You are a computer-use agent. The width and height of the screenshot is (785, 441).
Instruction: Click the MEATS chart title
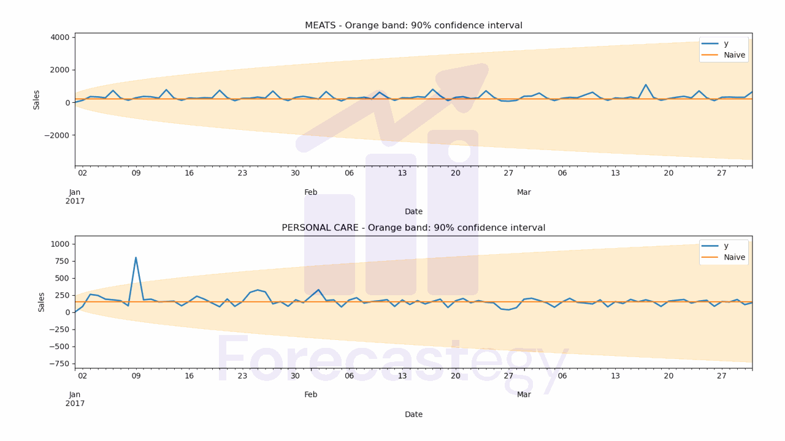pyautogui.click(x=413, y=26)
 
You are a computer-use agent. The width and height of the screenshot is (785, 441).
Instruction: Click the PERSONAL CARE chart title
pyautogui.click(x=413, y=228)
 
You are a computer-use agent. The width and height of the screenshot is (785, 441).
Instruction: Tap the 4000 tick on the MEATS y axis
pyautogui.click(x=59, y=37)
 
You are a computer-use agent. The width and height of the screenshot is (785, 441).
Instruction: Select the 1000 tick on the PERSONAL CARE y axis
pyautogui.click(x=60, y=244)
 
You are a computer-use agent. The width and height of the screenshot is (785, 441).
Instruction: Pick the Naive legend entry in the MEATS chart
pyautogui.click(x=734, y=55)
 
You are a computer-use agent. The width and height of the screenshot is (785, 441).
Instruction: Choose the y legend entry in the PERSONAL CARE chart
pyautogui.click(x=726, y=246)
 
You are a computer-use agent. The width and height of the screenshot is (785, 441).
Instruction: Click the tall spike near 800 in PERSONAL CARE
pyautogui.click(x=136, y=258)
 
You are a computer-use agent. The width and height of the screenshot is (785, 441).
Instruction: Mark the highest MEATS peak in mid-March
pyautogui.click(x=645, y=85)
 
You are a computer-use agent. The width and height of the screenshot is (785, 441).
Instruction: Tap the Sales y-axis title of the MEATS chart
pyautogui.click(x=37, y=99)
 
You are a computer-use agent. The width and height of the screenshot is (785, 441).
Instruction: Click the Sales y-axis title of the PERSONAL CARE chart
pyautogui.click(x=42, y=302)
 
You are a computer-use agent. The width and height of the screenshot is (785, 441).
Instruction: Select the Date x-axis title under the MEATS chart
pyautogui.click(x=413, y=212)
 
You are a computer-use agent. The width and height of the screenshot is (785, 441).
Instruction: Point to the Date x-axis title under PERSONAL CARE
pyautogui.click(x=413, y=415)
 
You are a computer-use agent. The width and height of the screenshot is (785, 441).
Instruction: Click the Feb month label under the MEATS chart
pyautogui.click(x=311, y=192)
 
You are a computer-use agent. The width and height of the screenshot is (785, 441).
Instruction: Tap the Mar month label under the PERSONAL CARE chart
pyautogui.click(x=524, y=395)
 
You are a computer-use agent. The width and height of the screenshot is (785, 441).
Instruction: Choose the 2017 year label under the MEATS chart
pyautogui.click(x=75, y=201)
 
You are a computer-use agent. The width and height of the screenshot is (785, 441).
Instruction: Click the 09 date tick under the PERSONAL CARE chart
pyautogui.click(x=136, y=375)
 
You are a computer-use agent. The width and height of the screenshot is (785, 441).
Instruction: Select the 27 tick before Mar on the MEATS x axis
pyautogui.click(x=508, y=173)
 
